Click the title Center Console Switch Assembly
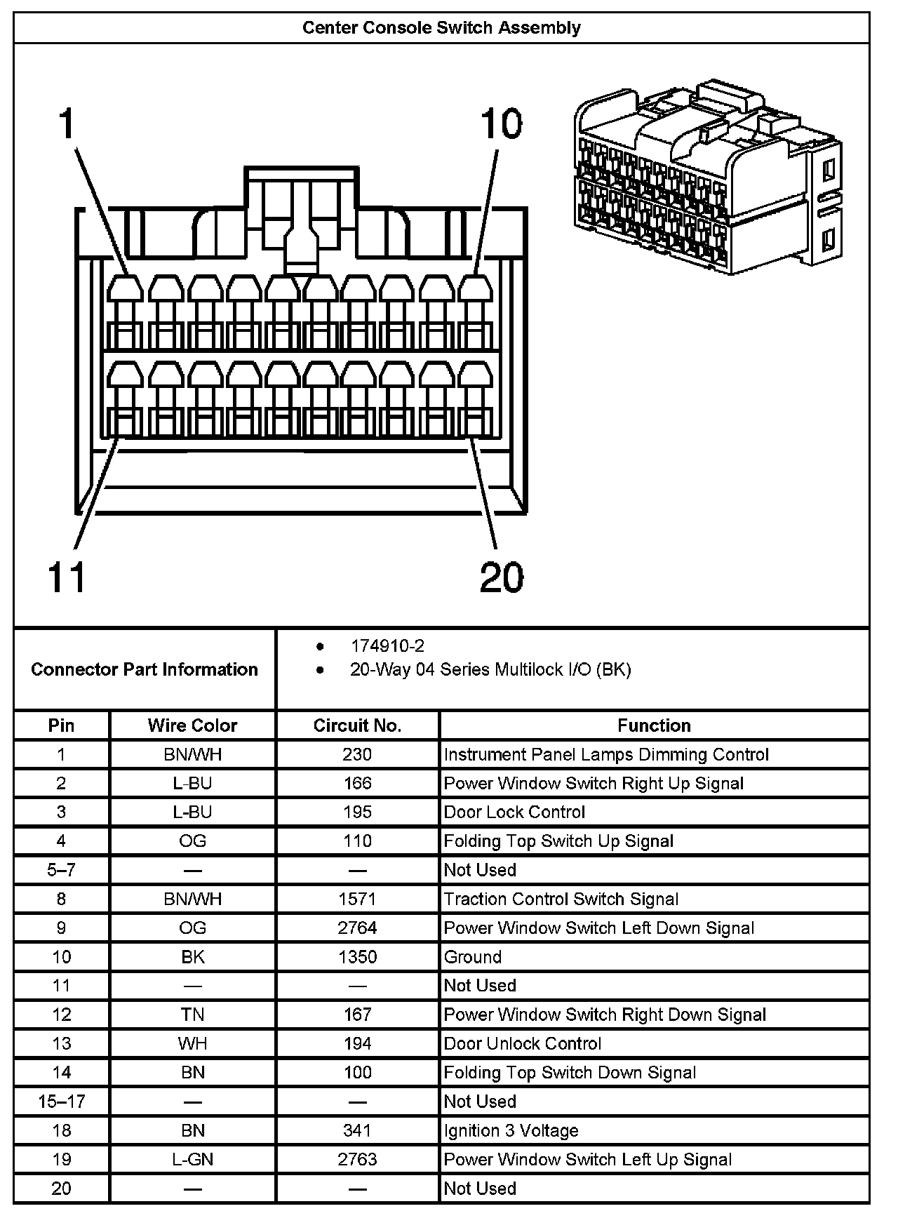point(441,28)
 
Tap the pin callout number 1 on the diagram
point(66,124)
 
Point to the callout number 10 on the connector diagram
point(501,124)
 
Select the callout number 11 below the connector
point(66,577)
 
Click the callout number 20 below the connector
point(502,577)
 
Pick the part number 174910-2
point(387,645)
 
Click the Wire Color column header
point(192,725)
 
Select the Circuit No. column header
point(357,725)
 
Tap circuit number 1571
point(357,899)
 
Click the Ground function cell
point(473,957)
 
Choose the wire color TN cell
point(192,1015)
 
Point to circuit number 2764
point(357,928)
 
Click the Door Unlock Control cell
point(523,1043)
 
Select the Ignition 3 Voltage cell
point(511,1130)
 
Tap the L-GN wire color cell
point(192,1160)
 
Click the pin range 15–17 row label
point(62,1102)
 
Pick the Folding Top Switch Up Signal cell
point(558,841)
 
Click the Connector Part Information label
point(145,669)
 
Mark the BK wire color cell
point(192,957)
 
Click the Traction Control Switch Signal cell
point(561,899)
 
